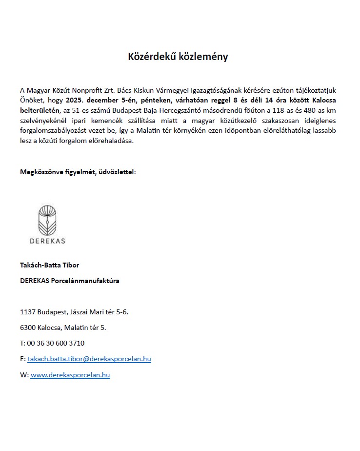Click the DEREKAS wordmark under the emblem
point(47,241)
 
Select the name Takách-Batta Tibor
point(49,265)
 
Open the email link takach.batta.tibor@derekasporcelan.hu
point(89,359)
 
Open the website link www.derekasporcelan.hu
point(70,374)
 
